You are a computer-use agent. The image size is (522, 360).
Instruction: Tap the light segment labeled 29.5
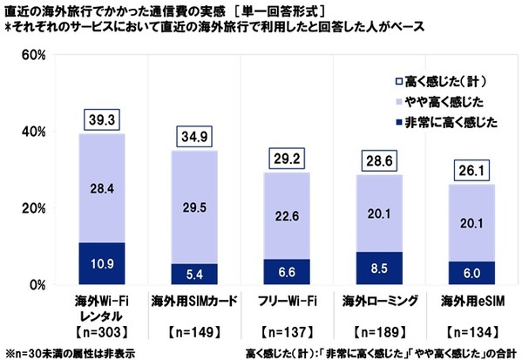tap(193, 207)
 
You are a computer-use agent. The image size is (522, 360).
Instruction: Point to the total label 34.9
tap(193, 136)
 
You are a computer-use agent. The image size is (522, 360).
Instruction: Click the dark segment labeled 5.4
tap(193, 275)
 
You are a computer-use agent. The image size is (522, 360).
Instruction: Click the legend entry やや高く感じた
tap(440, 100)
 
